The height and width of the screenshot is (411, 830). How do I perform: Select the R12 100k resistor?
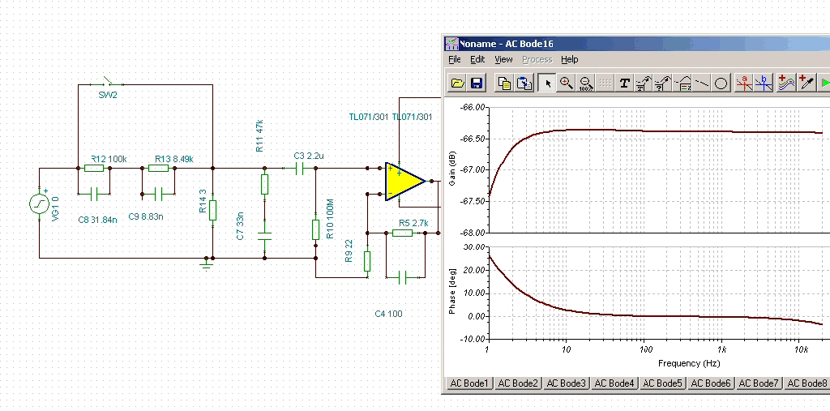point(95,169)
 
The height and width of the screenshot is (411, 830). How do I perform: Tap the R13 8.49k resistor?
point(159,169)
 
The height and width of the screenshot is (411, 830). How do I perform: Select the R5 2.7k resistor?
point(402,233)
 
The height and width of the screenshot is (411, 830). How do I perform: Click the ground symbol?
point(207,262)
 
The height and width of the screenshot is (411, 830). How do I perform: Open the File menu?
point(454,59)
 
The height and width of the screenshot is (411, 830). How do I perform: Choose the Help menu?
point(570,59)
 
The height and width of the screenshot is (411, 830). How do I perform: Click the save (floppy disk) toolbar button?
point(476,83)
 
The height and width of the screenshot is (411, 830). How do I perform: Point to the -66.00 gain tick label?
point(473,107)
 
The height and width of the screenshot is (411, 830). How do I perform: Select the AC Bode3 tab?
point(565,383)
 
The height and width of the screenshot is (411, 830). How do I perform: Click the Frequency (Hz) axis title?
point(689,363)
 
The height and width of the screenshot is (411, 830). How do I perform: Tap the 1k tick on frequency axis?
point(721,349)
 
